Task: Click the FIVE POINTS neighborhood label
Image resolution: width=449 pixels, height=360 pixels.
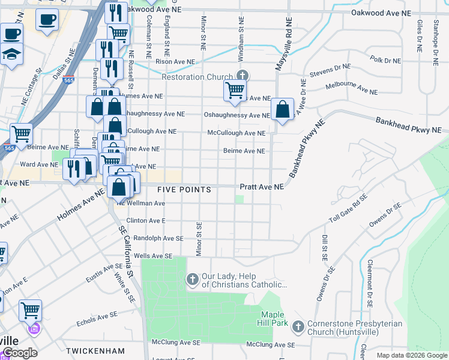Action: click(184, 190)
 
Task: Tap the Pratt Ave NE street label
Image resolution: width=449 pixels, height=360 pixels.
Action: click(262, 187)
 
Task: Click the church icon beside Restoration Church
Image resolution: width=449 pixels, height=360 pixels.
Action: click(243, 76)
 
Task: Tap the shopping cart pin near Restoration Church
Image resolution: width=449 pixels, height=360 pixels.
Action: click(235, 91)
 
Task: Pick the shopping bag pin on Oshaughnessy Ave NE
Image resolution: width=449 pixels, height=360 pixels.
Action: click(282, 110)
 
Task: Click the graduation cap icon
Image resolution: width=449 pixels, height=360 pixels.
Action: click(11, 55)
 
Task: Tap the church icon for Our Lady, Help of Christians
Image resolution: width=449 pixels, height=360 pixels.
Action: click(193, 279)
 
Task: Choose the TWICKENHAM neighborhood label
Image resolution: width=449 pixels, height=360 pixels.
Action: click(95, 350)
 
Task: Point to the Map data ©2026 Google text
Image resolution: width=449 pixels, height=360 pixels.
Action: click(412, 355)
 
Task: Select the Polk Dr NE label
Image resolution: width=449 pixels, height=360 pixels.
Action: click(385, 60)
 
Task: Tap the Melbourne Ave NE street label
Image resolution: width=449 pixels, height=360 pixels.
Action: click(351, 89)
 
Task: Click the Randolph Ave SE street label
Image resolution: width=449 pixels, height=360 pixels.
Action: click(158, 238)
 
